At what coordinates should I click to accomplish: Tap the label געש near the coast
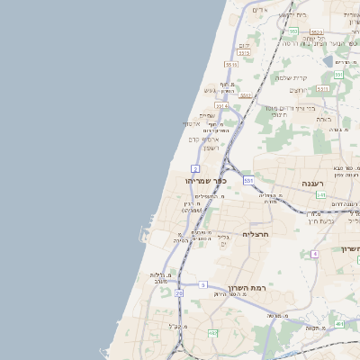coord(211,90)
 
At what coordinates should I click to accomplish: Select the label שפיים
coord(207,114)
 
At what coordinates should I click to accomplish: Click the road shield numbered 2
coord(195,168)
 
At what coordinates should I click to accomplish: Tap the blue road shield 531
coord(248,181)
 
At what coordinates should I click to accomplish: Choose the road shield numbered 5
coord(203,284)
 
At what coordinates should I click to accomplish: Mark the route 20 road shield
coord(179,293)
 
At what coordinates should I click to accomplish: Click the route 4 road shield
coord(315,254)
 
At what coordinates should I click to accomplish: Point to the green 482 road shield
coord(213,333)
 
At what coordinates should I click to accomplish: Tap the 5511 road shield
coord(232,65)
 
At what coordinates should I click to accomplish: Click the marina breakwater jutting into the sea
coord(145,236)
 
